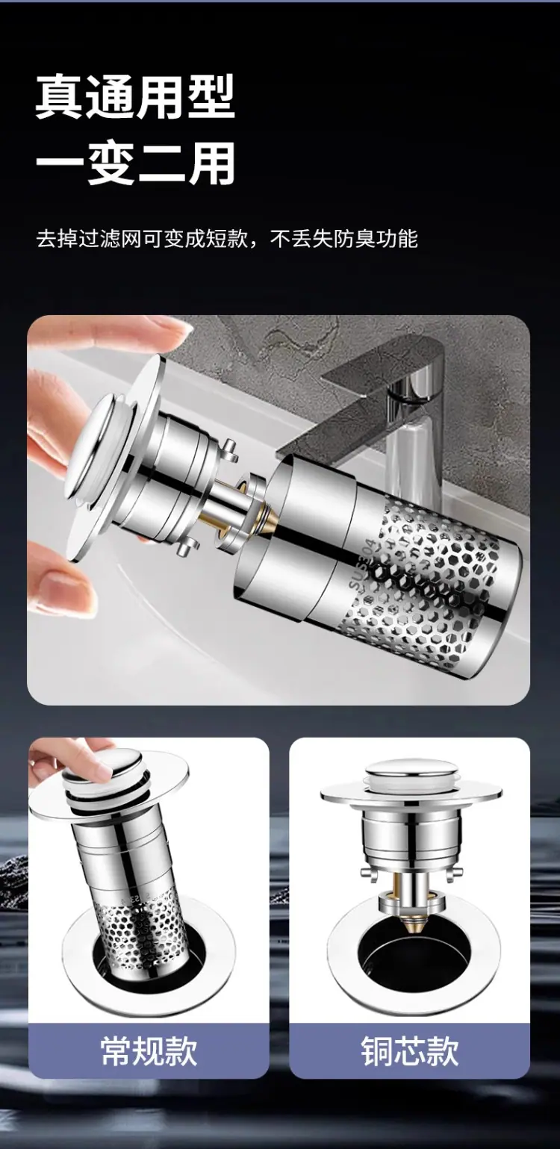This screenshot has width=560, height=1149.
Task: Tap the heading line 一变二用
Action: tap(135, 164)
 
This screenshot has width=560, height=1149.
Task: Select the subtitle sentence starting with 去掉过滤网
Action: tap(227, 239)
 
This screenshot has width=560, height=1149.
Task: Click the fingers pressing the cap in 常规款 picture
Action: tap(72, 759)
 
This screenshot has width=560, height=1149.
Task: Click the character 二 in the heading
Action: tap(161, 164)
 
